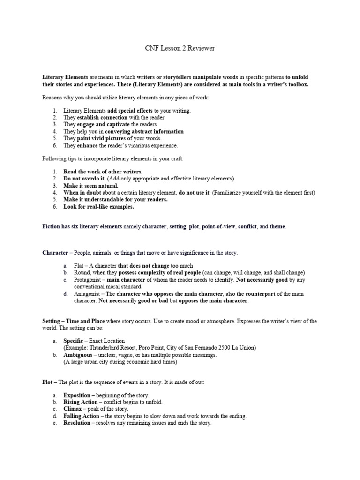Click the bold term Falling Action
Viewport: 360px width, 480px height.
pyautogui.click(x=82, y=416)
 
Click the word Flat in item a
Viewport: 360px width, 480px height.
pyautogui.click(x=69, y=265)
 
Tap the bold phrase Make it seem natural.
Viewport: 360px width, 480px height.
pyautogui.click(x=91, y=186)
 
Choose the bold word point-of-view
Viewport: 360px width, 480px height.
pyautogui.click(x=218, y=226)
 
